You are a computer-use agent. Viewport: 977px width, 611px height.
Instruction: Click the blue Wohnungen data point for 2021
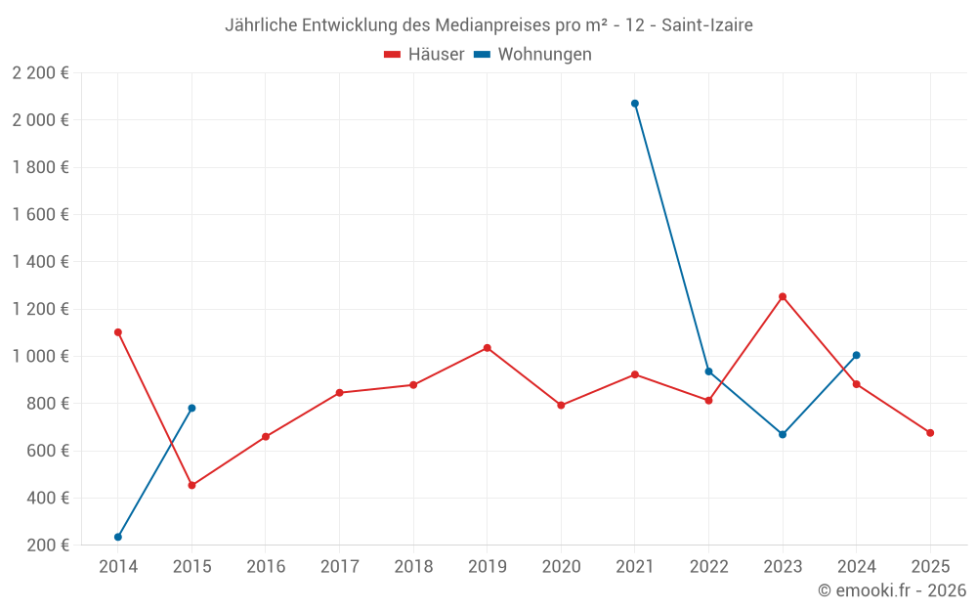click(x=635, y=104)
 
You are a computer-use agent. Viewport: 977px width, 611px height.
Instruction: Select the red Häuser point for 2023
click(x=783, y=296)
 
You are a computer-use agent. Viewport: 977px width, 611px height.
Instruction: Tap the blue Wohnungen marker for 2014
click(x=118, y=537)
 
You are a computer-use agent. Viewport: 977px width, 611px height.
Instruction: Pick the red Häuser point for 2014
click(x=118, y=332)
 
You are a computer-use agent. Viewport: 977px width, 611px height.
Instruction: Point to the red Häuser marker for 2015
click(x=191, y=485)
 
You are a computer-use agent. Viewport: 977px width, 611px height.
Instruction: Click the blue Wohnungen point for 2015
click(x=191, y=408)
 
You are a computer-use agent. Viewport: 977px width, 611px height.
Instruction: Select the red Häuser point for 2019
click(x=488, y=348)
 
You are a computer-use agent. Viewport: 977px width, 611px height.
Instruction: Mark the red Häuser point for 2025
click(x=930, y=433)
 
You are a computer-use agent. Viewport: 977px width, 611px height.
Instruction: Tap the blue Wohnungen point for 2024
click(x=857, y=355)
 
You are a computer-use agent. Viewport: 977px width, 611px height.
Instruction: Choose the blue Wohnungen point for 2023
click(x=783, y=434)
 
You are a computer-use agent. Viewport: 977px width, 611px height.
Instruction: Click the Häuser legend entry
click(x=425, y=55)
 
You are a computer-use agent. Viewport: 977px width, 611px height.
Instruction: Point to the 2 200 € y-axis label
click(x=40, y=73)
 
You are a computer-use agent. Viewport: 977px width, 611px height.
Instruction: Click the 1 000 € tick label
click(x=40, y=357)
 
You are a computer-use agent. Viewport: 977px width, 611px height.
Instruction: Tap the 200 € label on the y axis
click(x=47, y=546)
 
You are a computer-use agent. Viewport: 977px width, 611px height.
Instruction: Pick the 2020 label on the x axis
click(x=561, y=567)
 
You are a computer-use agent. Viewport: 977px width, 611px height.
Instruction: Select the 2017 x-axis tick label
click(x=339, y=567)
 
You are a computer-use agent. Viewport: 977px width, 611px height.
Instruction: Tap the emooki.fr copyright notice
click(x=891, y=590)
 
